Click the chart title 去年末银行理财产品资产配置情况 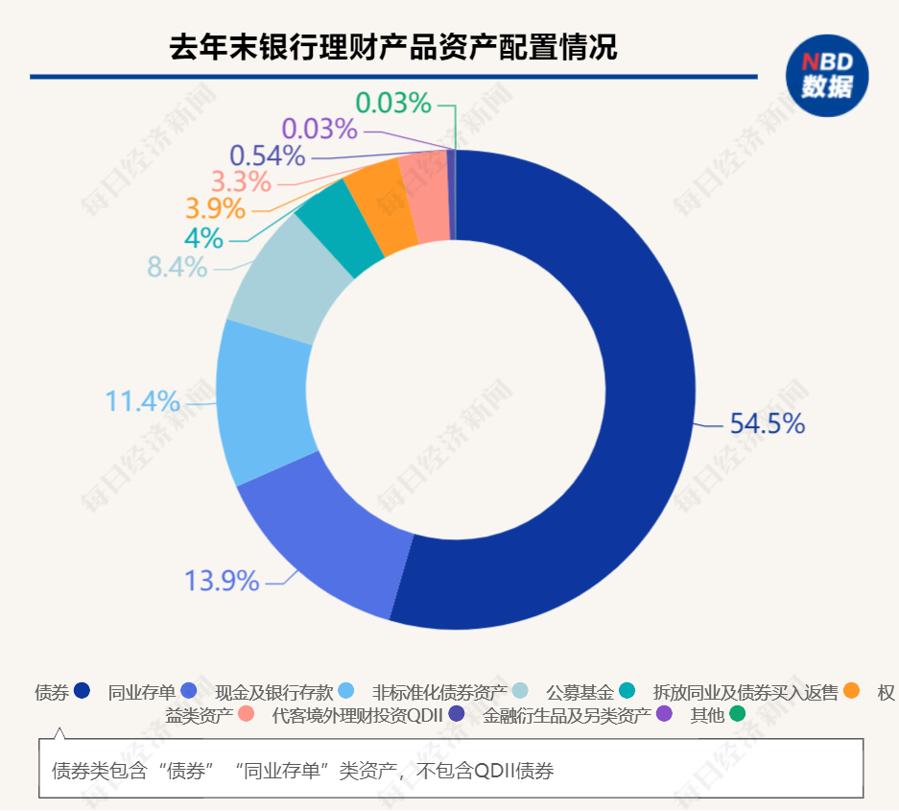point(393,47)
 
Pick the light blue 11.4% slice point(264,403)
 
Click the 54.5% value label point(767,423)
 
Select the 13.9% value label point(222,581)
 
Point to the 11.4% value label point(142,401)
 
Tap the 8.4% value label point(177,267)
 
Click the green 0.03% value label point(393,103)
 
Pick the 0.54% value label point(267,155)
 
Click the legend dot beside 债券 point(82,690)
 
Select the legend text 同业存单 point(141,692)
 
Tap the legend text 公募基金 point(580,692)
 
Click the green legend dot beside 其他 point(737,714)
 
